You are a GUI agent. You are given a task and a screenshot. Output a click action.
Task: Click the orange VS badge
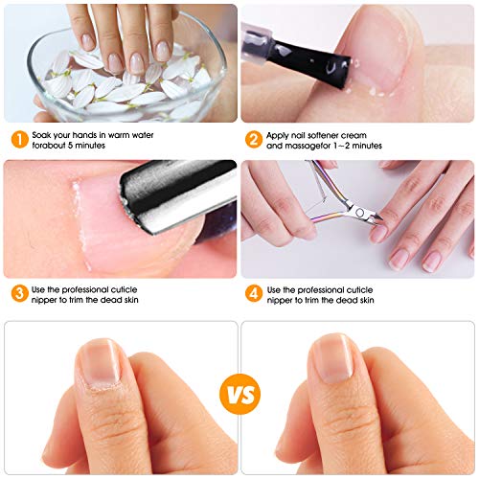pos(239,394)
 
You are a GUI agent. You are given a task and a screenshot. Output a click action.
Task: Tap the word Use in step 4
pos(276,288)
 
